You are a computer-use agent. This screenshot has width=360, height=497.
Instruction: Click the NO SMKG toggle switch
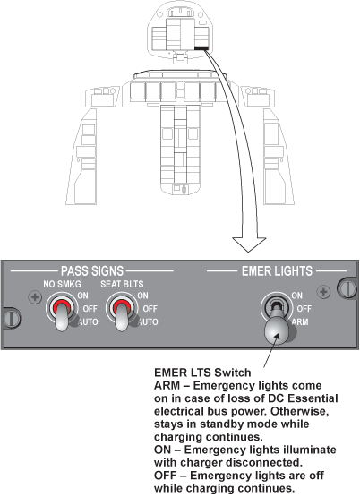[62, 313]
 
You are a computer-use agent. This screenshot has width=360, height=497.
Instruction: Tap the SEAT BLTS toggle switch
[122, 313]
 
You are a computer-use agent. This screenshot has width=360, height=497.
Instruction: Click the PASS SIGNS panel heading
[92, 271]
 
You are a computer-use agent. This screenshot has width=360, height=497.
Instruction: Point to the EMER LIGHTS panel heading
[277, 271]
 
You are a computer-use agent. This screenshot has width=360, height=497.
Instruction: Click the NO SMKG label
[62, 284]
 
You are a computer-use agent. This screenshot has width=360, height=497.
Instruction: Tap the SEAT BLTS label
[122, 284]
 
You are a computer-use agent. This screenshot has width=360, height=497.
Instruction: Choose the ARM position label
[300, 322]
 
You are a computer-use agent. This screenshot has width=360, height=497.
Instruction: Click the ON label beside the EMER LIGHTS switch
[297, 296]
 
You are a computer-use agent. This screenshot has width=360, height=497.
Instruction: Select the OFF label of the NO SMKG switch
[90, 309]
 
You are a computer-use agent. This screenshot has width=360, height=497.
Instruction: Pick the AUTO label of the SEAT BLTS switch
[149, 322]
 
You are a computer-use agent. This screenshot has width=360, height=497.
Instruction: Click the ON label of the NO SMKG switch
[82, 296]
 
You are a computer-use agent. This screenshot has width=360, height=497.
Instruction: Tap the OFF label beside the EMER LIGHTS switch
[304, 309]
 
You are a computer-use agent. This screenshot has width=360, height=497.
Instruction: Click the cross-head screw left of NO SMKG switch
[35, 297]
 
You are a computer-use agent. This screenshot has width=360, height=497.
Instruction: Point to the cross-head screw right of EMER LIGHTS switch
[323, 292]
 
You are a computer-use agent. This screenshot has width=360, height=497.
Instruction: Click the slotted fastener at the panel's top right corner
[347, 287]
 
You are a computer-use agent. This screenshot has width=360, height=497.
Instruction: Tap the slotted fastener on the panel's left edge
[11, 318]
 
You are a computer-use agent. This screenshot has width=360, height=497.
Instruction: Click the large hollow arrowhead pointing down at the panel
[249, 244]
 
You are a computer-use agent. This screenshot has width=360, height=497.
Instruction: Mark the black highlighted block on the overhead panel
[201, 48]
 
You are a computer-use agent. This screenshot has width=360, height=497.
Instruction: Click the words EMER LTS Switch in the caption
[202, 373]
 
